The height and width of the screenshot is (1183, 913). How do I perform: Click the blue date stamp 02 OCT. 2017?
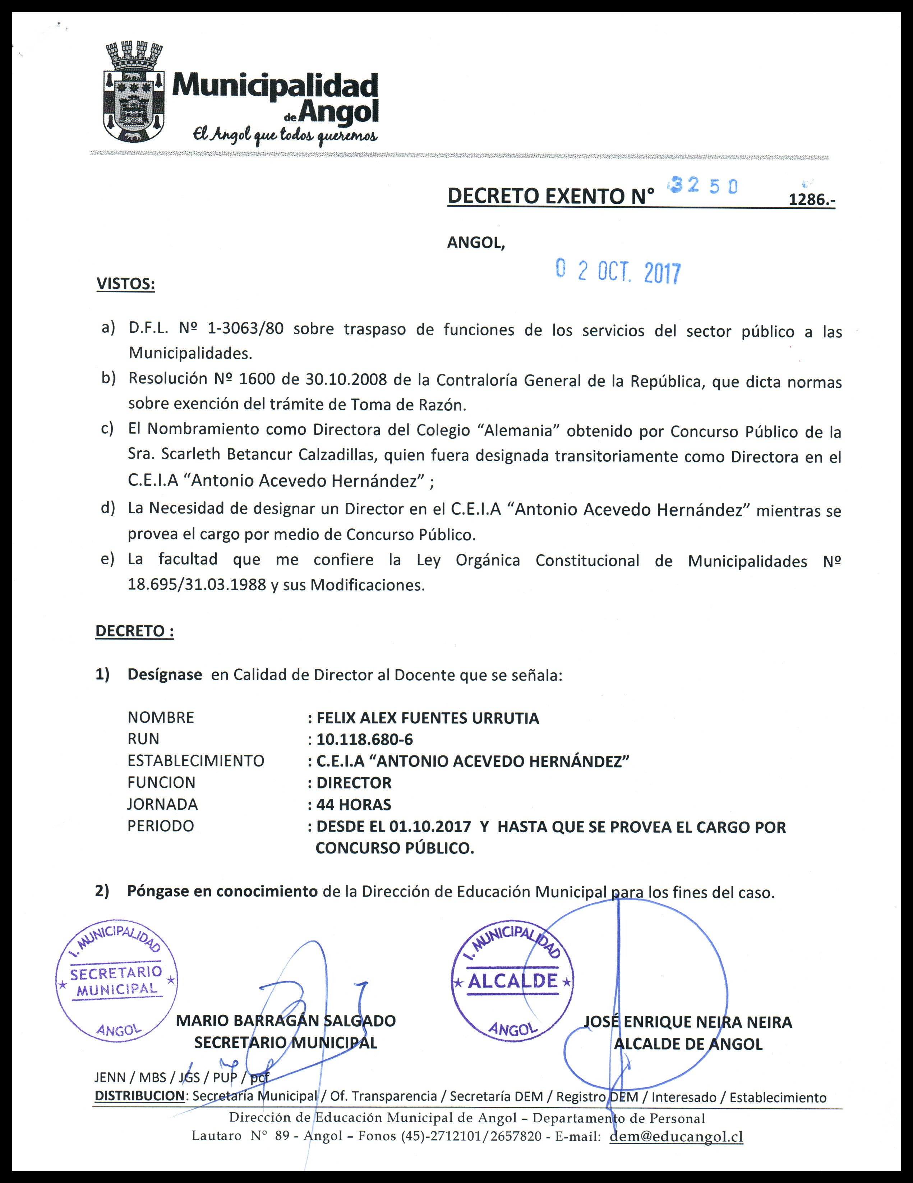pos(618,271)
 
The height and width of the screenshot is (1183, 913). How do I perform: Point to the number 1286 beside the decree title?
pos(811,199)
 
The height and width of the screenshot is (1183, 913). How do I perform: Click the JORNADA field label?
pos(162,804)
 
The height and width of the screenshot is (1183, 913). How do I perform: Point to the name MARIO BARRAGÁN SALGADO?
pos(286,1021)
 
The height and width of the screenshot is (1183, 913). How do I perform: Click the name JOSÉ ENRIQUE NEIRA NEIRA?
pos(688,1022)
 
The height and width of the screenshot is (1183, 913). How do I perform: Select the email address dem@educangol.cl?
pos(676,1136)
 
